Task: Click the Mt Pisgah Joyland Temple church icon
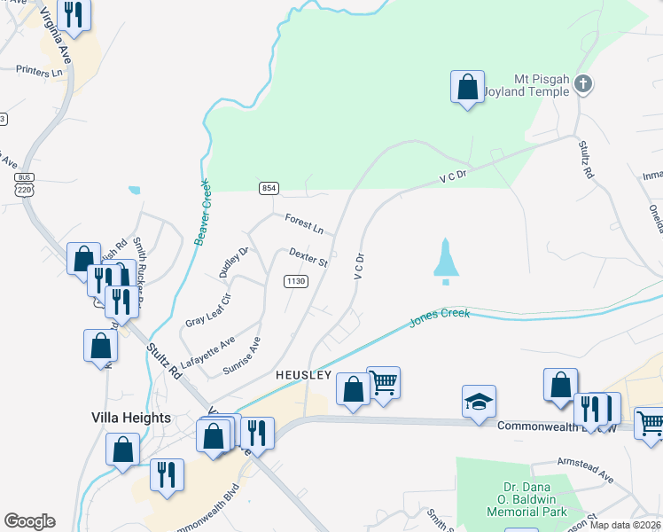tap(582, 85)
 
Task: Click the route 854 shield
tap(269, 188)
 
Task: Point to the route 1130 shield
tap(296, 281)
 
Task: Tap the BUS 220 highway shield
tap(23, 183)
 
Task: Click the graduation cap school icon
tap(479, 403)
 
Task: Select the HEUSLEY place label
tap(303, 375)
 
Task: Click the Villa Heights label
tap(130, 417)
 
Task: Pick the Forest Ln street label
tap(304, 223)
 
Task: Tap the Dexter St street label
tap(308, 257)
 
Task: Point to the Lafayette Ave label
tap(207, 352)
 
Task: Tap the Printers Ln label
tap(41, 69)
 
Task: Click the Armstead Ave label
tap(585, 469)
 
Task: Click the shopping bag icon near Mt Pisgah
tap(467, 88)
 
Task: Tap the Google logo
tap(29, 521)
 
